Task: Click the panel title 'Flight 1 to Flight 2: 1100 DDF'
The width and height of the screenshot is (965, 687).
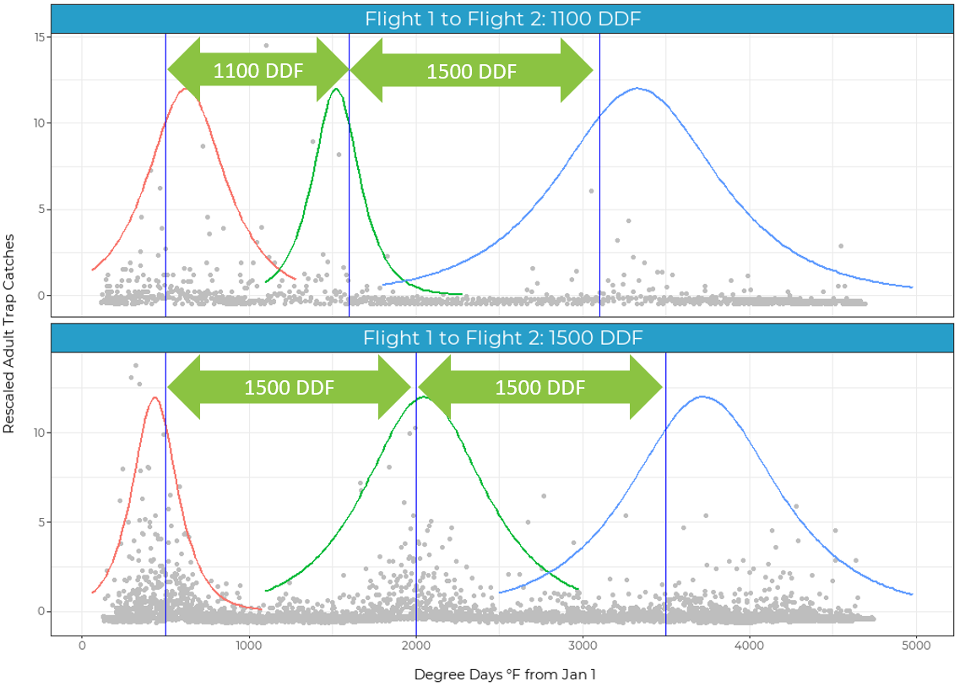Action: [x=502, y=19]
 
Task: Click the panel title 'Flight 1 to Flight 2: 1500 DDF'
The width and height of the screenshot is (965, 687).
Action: [x=502, y=338]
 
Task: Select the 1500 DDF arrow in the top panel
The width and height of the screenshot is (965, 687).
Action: [x=472, y=71]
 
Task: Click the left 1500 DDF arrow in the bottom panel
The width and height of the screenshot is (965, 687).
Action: [x=289, y=388]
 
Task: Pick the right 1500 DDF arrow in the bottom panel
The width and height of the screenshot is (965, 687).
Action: [x=539, y=388]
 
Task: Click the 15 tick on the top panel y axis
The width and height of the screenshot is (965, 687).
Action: [x=40, y=36]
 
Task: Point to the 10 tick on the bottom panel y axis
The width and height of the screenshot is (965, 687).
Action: [x=40, y=433]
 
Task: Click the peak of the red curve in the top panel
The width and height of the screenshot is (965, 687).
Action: [x=186, y=89]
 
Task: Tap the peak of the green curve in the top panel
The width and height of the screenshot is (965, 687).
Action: [x=336, y=89]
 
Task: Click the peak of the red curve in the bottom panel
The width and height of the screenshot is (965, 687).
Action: [x=154, y=397]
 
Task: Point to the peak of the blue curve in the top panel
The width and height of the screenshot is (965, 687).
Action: [x=637, y=88]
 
